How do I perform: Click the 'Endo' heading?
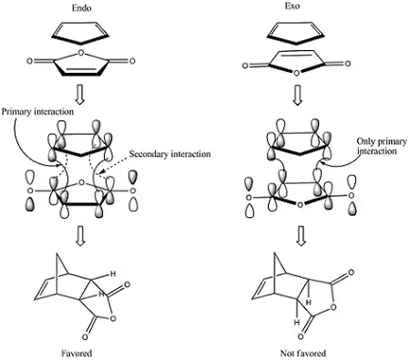coord(81,7)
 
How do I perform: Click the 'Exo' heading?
coord(292,6)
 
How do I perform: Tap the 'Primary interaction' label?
coord(37,111)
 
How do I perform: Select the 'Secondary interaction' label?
coord(169,154)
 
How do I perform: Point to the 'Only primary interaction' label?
coord(382,146)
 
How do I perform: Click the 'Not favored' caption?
coord(303,354)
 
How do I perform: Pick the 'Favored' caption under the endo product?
coord(77,354)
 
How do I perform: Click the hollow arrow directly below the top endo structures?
coord(80,96)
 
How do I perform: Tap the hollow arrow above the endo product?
coord(80,237)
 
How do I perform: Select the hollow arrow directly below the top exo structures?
coord(297,96)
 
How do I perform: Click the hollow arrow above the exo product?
coord(301,236)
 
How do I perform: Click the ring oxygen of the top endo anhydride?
coord(80,53)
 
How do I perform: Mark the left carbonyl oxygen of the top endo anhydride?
coord(29,61)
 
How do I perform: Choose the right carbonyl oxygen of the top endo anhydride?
coord(132,61)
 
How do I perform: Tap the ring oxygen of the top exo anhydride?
coord(297,73)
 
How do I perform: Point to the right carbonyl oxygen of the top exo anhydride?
coord(348,64)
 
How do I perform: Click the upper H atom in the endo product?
coord(113,273)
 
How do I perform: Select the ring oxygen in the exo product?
coord(333,307)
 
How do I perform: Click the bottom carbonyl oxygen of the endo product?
coord(85,336)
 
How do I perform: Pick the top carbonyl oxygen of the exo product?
coord(351,273)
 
